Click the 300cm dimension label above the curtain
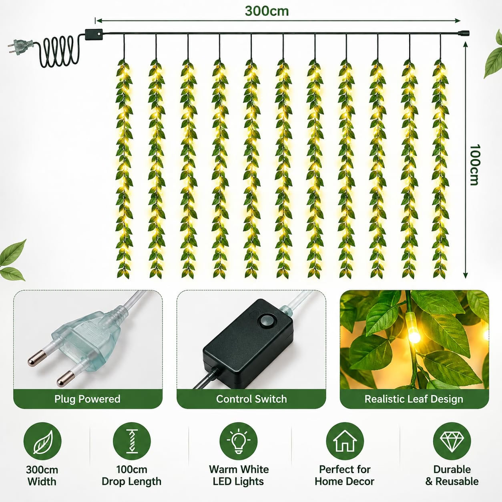coord(267,11)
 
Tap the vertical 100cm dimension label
coord(474,165)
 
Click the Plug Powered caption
coord(87,399)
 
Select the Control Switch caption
coord(251,399)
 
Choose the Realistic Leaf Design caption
coord(414,399)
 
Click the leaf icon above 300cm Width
coord(42,442)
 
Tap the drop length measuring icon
coord(132,441)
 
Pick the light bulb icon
coord(238,441)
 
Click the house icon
coord(345,441)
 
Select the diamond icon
coord(452,441)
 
